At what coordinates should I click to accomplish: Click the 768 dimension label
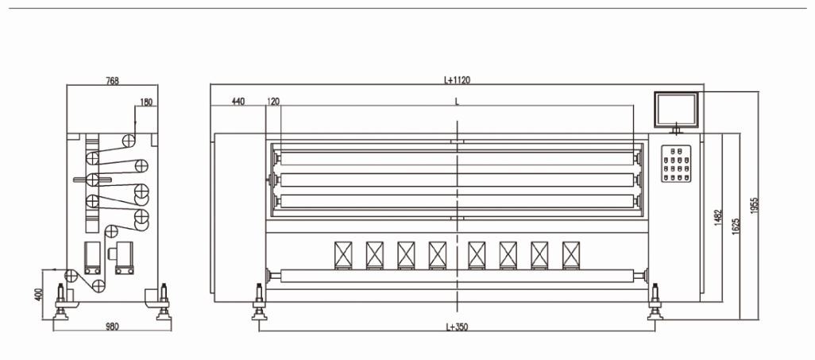[112, 80]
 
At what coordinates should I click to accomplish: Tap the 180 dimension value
[147, 103]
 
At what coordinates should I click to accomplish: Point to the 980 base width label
[112, 327]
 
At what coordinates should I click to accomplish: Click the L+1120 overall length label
[457, 80]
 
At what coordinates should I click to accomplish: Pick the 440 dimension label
[238, 102]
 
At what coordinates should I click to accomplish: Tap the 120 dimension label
[273, 102]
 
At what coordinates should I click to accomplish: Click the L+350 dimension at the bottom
[458, 327]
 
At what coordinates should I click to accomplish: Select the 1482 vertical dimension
[718, 218]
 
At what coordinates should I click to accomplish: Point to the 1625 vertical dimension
[736, 226]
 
